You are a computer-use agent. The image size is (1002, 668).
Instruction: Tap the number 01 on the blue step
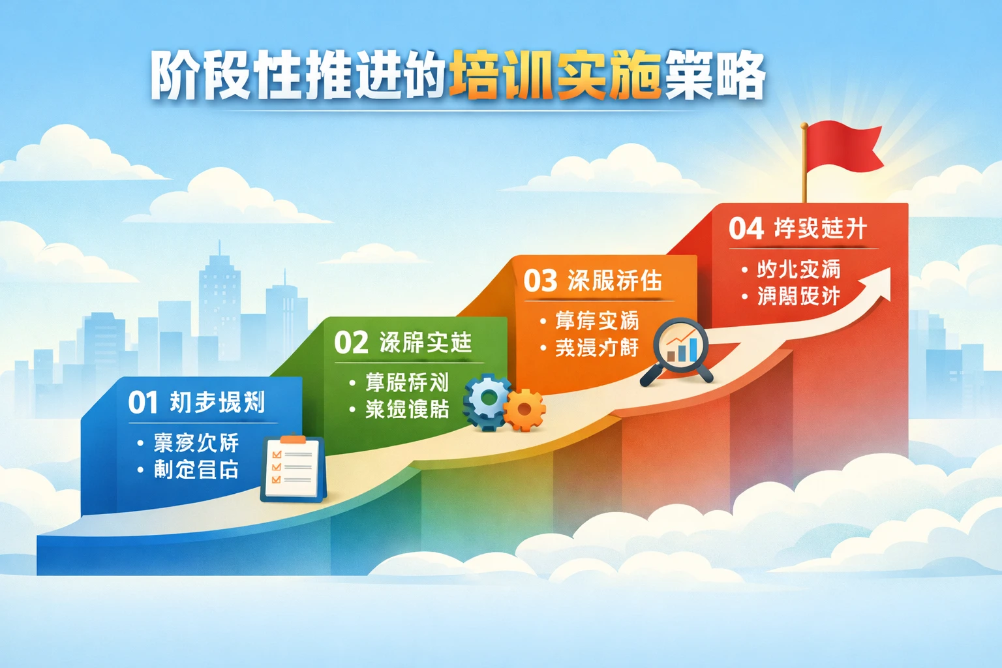click(143, 402)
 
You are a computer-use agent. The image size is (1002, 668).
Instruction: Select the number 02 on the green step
click(351, 342)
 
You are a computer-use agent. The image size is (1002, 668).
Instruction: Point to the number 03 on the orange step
click(540, 281)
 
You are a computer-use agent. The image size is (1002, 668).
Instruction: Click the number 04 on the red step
click(746, 229)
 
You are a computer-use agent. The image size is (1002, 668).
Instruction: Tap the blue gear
click(486, 401)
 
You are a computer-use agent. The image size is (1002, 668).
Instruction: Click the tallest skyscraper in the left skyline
click(219, 294)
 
